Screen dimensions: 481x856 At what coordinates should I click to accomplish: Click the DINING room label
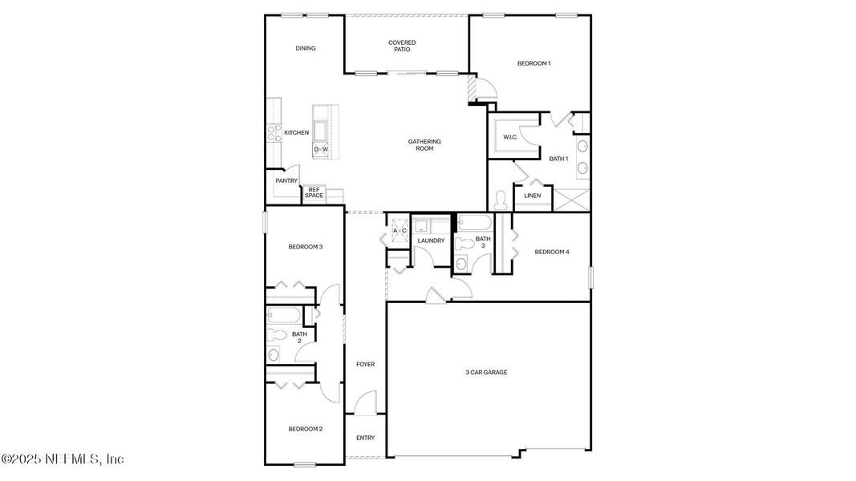305,48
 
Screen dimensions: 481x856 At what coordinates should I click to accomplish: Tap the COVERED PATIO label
402,46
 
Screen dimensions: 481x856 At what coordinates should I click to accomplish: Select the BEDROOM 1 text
533,63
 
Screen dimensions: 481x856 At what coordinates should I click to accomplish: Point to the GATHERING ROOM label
424,145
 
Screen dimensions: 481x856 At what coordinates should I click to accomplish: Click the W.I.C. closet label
510,137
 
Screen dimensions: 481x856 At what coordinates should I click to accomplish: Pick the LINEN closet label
532,196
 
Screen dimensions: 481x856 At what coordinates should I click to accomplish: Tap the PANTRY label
286,181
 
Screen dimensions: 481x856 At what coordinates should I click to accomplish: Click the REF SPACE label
314,193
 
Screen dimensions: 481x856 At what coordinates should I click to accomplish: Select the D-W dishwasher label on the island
321,150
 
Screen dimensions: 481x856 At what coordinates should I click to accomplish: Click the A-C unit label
399,231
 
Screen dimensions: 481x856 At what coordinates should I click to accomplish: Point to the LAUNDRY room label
431,240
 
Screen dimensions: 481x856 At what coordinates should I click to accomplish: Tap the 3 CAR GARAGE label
486,372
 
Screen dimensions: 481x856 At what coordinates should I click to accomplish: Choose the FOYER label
365,365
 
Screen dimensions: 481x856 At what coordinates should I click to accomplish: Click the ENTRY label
365,438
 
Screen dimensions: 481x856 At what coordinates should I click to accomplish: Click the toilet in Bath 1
500,197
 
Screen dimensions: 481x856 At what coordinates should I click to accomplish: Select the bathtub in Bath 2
282,314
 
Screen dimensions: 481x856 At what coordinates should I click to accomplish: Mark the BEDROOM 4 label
551,253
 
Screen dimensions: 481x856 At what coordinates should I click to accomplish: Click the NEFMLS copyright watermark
63,459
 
